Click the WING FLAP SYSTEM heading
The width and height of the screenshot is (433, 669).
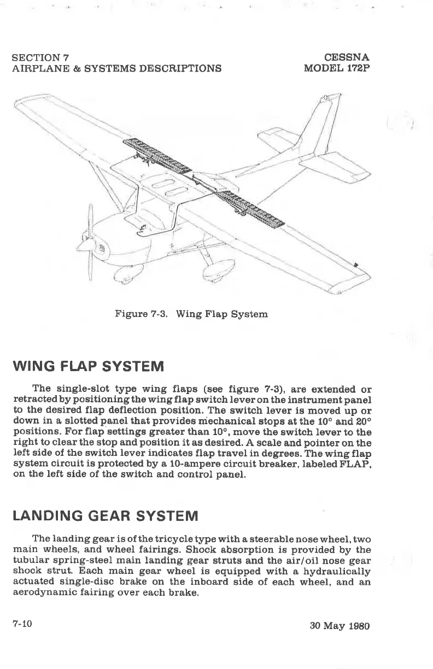tap(87, 365)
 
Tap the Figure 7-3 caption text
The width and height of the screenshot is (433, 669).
tap(191, 314)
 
